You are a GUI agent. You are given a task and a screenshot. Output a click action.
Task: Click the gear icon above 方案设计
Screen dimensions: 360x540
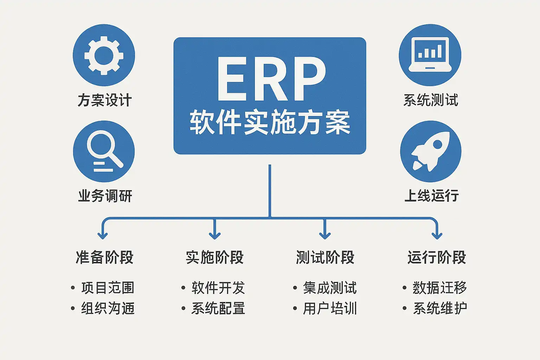[104, 55]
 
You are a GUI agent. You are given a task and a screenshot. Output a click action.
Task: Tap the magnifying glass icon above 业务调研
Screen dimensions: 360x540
[104, 152]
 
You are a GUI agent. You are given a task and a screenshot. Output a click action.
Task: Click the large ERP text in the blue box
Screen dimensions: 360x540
[270, 79]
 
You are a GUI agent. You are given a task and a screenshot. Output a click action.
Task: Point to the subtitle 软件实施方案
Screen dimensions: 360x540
[270, 122]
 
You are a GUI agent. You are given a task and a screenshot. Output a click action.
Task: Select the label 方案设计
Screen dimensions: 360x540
[104, 100]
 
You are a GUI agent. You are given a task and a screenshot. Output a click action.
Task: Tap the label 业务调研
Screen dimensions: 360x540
[105, 196]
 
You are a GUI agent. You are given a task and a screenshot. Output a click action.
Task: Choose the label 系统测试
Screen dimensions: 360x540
[431, 100]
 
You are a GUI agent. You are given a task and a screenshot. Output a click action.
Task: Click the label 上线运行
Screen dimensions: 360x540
[431, 196]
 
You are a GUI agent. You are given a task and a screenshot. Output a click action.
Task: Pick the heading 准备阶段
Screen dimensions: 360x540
[104, 257]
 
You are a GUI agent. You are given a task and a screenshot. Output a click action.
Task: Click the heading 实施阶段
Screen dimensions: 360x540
[214, 257]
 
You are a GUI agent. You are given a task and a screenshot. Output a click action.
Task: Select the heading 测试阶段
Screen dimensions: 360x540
[325, 257]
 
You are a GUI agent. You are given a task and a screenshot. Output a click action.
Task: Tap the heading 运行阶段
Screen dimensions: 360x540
[437, 257]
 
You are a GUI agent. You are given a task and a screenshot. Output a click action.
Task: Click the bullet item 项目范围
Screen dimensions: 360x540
[108, 288]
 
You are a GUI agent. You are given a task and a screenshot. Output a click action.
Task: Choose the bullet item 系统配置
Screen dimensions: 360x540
[218, 308]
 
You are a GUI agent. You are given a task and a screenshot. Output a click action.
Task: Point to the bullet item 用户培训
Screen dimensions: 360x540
[330, 308]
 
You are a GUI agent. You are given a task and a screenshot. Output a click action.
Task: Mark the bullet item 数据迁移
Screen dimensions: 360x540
[439, 288]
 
